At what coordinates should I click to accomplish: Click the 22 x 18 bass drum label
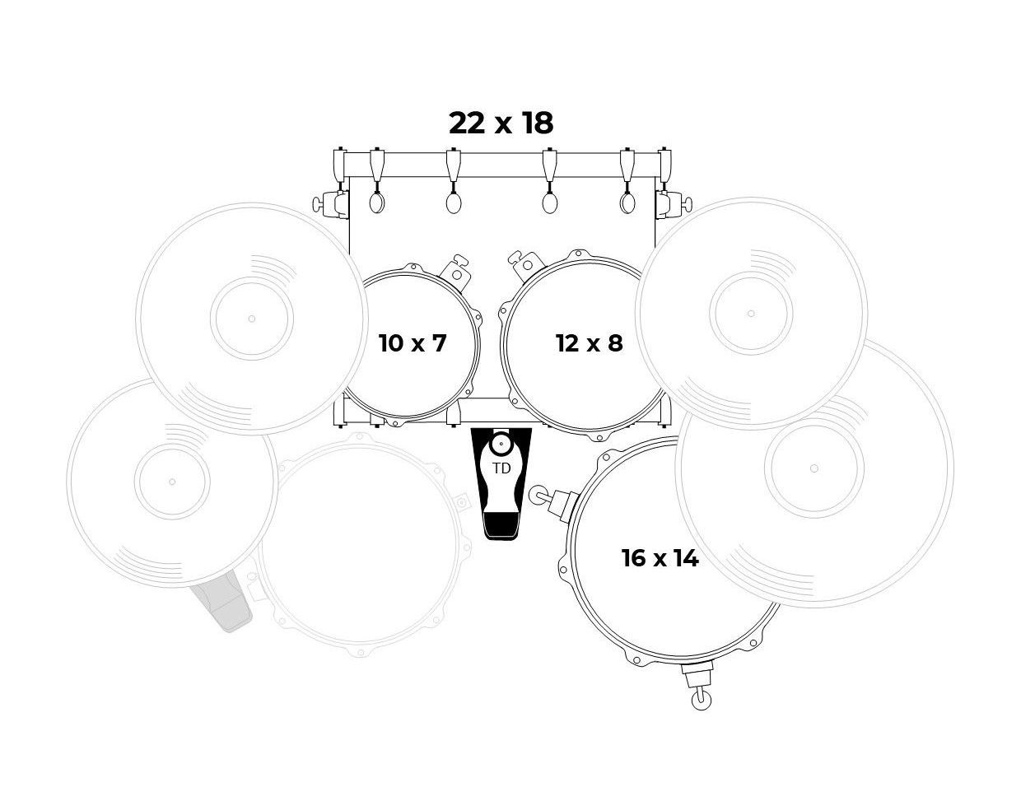click(501, 123)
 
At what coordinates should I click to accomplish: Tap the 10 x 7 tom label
click(412, 343)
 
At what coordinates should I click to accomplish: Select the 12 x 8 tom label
click(590, 343)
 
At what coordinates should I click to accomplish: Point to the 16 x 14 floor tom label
click(660, 558)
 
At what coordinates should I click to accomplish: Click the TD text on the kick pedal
click(501, 468)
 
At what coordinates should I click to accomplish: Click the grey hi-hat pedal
click(221, 607)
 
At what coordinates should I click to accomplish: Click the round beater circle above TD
click(501, 443)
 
